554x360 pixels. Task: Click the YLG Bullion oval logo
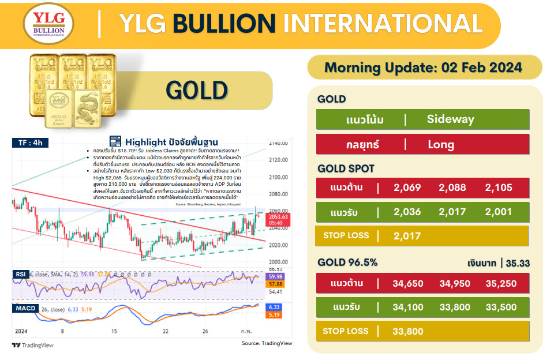coord(48,25)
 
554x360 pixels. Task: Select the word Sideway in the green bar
coord(450,119)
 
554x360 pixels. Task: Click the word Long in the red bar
coord(441,144)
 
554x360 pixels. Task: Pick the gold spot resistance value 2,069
coord(407,187)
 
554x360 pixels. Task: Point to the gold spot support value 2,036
coord(407,212)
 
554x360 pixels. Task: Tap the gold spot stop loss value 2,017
coord(407,235)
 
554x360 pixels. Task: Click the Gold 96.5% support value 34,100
coord(407,307)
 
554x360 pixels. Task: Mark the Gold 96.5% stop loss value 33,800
coord(407,331)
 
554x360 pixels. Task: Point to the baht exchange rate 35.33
coord(518,263)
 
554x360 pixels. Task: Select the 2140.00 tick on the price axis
coord(278,143)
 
